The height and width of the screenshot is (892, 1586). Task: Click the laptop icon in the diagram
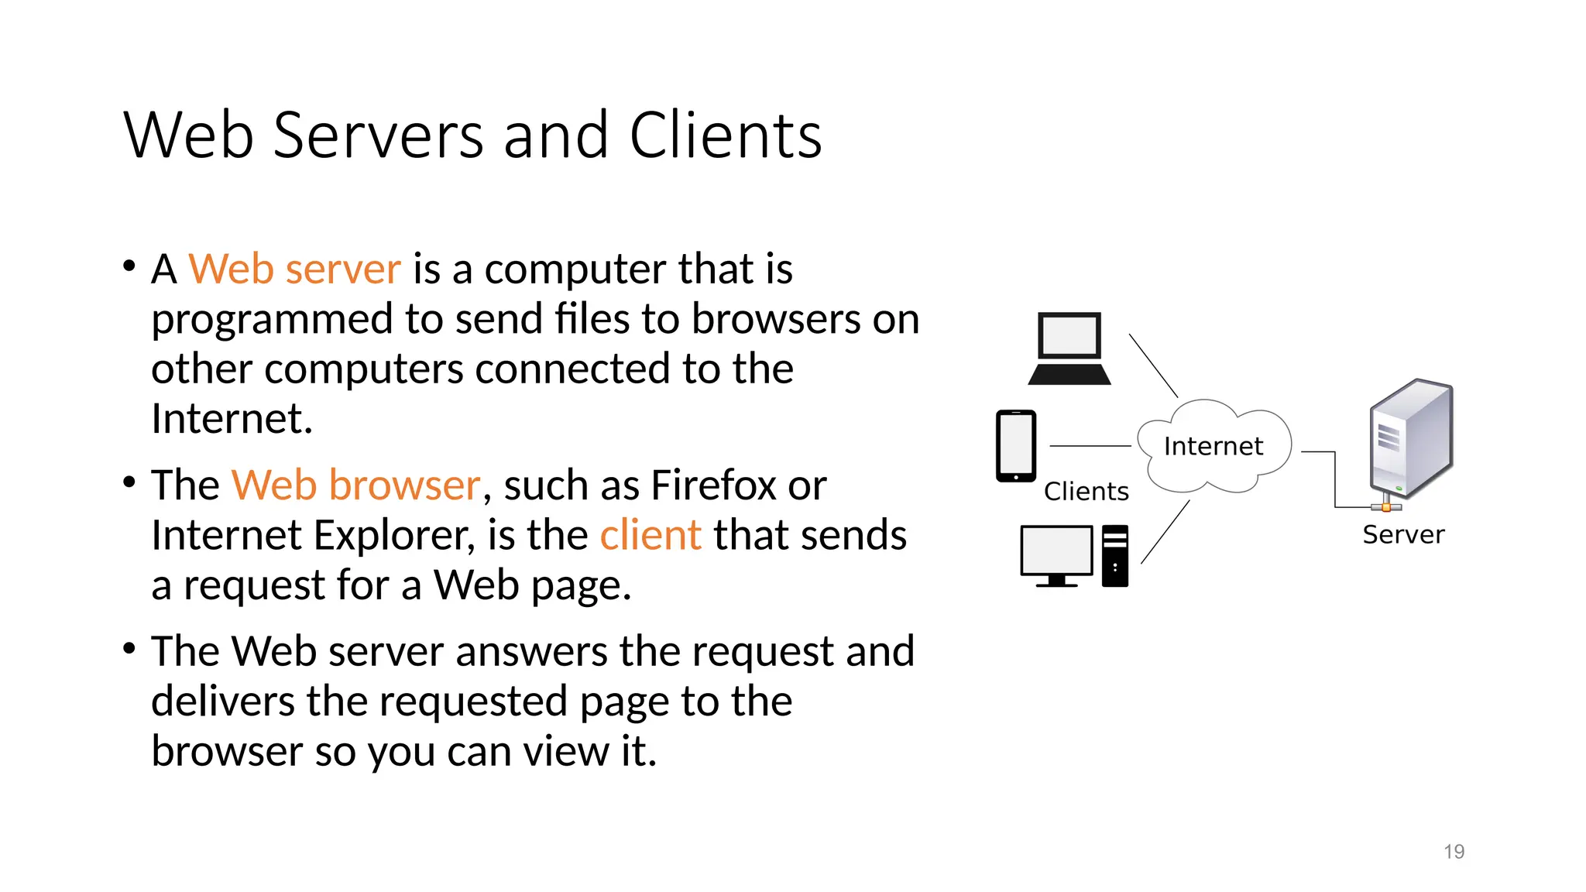[x=1069, y=348]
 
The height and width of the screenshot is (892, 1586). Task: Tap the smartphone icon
[x=1015, y=446]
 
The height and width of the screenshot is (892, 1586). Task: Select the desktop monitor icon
[x=1056, y=553]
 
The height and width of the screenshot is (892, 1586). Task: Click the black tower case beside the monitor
[x=1114, y=555]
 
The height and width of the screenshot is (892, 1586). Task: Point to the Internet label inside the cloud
[x=1213, y=447]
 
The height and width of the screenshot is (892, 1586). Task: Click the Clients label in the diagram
[x=1086, y=492]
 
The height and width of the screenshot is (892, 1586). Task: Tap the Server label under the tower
[x=1403, y=535]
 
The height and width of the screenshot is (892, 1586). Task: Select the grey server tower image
[x=1411, y=440]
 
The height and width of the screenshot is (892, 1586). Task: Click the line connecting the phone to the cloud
[x=1090, y=447]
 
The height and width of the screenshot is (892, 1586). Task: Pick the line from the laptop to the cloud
[x=1153, y=365]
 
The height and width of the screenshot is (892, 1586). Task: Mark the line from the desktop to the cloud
[x=1165, y=532]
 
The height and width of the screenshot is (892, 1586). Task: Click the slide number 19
[x=1454, y=852]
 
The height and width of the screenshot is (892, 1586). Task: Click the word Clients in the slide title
[x=725, y=136]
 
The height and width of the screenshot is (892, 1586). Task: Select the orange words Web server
[x=294, y=269]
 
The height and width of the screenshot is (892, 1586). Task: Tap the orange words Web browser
[x=355, y=485]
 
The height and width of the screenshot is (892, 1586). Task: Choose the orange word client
[x=651, y=536]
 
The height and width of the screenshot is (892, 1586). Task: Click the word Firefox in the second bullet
[x=712, y=485]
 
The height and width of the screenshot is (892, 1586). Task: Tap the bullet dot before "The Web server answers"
[x=129, y=648]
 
